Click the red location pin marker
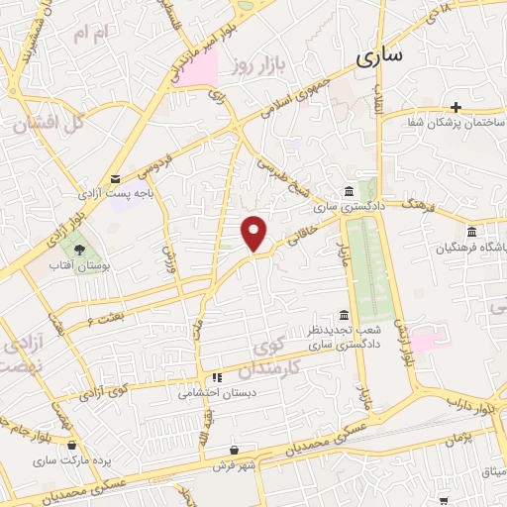(x=255, y=232)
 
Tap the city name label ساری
(x=379, y=56)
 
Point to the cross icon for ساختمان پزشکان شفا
(x=456, y=107)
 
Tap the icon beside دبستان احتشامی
(x=216, y=376)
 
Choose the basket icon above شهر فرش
(x=234, y=451)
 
